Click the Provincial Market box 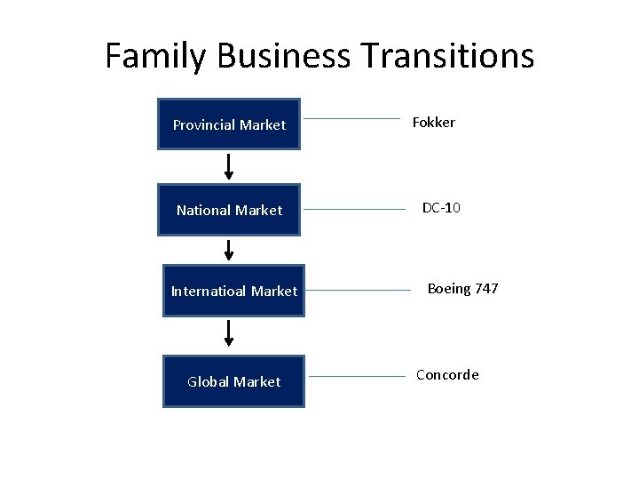229,124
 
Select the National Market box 229,210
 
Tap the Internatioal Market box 233,291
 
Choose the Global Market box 233,381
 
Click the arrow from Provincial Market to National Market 229,166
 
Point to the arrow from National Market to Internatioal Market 229,250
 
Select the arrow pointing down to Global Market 229,332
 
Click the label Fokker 433,123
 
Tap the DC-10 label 441,208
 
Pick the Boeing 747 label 462,289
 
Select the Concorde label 447,375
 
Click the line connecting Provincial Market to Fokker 351,118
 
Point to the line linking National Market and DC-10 354,210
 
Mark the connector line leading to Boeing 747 359,290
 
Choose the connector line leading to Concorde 357,377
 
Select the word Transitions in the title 448,55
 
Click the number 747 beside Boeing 486,289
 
